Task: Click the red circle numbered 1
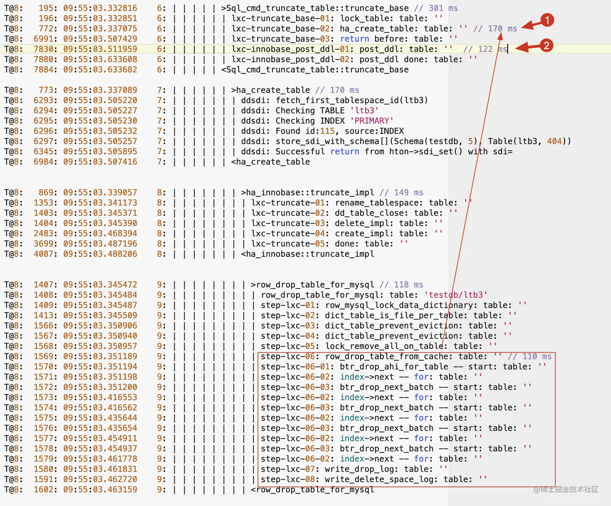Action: [547, 20]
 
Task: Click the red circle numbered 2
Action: [546, 45]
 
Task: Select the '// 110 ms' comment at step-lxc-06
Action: [529, 356]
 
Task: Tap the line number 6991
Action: [45, 39]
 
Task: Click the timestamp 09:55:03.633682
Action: [100, 69]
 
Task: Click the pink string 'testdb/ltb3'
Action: [455, 295]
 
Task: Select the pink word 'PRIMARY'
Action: [371, 121]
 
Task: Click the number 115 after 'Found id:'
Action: [327, 131]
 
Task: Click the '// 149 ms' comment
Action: [401, 193]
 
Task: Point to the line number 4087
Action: [45, 254]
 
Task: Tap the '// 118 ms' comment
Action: [401, 285]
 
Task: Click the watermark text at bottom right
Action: [566, 489]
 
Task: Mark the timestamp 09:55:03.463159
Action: [100, 489]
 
